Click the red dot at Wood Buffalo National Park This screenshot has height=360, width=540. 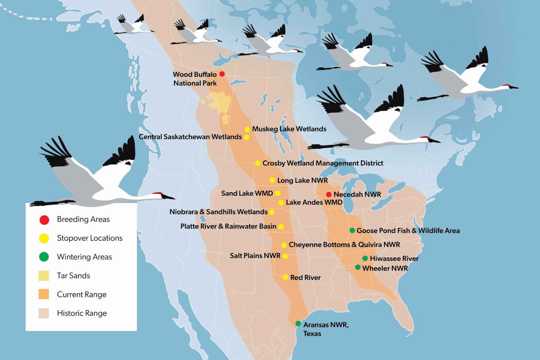(x=222, y=74)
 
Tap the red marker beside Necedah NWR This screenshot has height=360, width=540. (x=329, y=194)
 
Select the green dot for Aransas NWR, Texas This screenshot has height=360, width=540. (x=298, y=323)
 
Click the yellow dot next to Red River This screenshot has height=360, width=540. (x=285, y=277)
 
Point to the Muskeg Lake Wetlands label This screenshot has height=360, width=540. (x=289, y=129)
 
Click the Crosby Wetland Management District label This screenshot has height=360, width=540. (x=323, y=163)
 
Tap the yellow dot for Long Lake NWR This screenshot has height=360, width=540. (x=272, y=180)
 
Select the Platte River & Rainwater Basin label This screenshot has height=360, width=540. (x=228, y=226)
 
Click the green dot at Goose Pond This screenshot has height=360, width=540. (x=352, y=231)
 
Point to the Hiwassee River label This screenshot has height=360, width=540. (x=394, y=259)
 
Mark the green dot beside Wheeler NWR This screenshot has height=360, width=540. (x=358, y=267)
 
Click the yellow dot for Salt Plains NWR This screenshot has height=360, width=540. (x=285, y=256)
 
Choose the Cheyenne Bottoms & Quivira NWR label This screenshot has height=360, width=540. (x=344, y=245)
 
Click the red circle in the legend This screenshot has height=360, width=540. (x=44, y=220)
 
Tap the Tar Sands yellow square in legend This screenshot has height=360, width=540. (x=44, y=276)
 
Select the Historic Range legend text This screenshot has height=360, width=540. (x=82, y=313)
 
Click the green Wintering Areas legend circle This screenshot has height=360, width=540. (x=44, y=257)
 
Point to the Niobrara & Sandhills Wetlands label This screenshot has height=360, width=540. (x=218, y=212)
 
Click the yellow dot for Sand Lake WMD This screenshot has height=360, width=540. (x=278, y=193)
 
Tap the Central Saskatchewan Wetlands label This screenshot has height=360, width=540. (x=190, y=137)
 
